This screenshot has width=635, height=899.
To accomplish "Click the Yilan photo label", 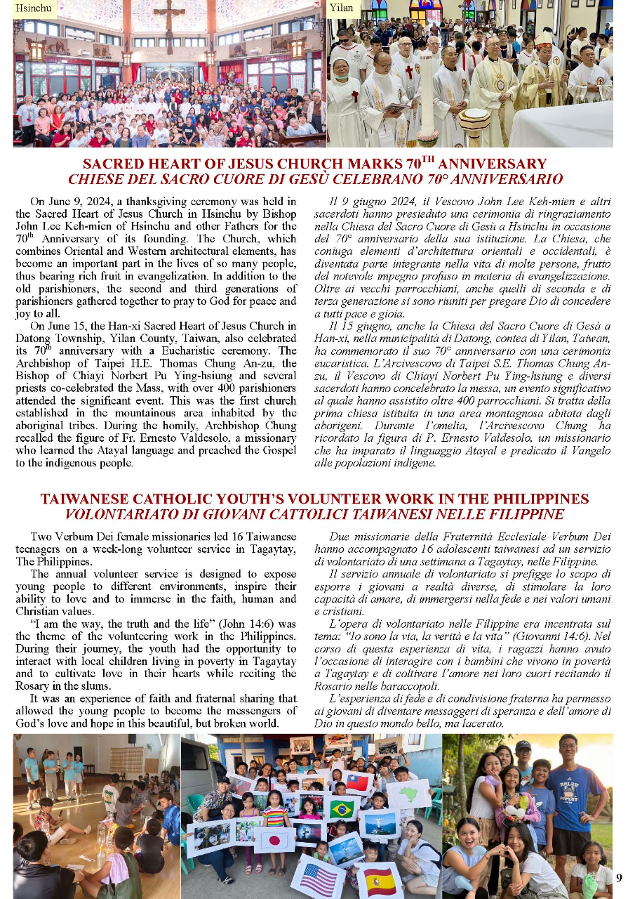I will pos(342,8).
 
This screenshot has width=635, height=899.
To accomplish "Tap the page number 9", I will pos(619,877).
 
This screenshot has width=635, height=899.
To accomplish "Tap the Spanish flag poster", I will pos(380,881).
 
